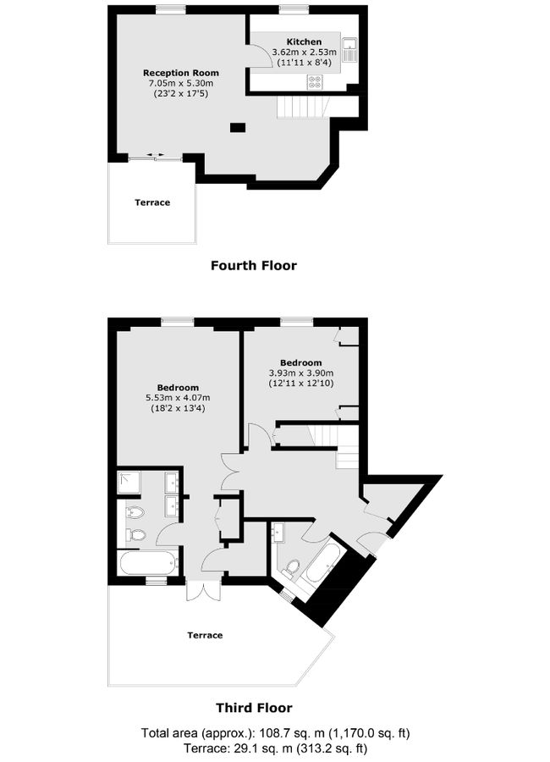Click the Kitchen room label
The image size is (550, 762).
(x=304, y=41)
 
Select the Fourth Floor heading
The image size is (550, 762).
(x=254, y=265)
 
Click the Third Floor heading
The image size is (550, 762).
(x=254, y=708)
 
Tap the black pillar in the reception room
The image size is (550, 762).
(x=238, y=128)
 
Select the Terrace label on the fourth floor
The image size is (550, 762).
(x=152, y=202)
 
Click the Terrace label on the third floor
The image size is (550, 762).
(x=205, y=635)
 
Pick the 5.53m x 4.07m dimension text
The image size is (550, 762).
(x=178, y=398)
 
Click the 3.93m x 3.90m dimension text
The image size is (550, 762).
(x=301, y=373)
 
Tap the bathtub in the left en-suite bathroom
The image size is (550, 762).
(x=148, y=562)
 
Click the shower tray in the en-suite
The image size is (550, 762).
(x=130, y=482)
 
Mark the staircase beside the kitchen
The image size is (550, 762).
(x=302, y=107)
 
